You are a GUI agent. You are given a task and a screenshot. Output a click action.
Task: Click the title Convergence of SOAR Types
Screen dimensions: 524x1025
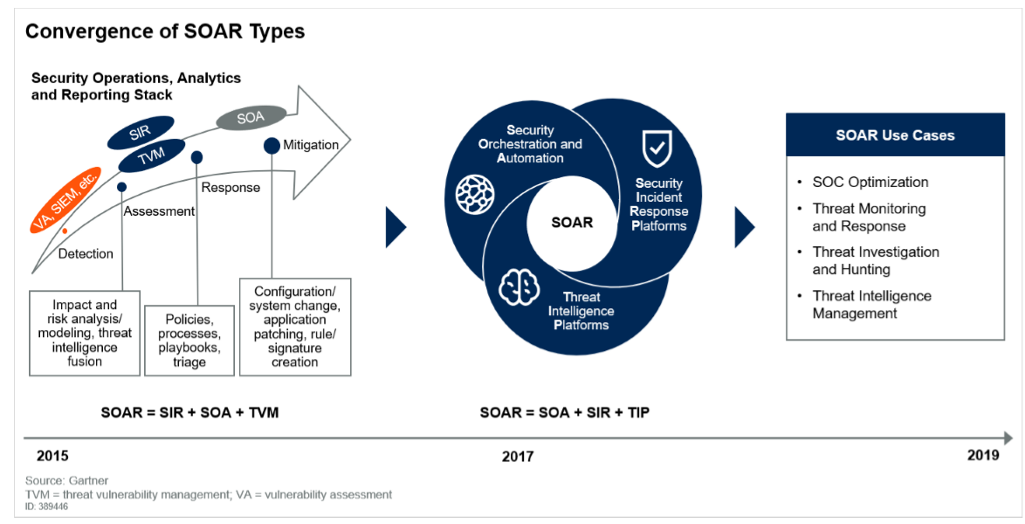[x=165, y=32]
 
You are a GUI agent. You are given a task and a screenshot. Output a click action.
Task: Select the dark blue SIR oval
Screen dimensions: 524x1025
[x=140, y=133]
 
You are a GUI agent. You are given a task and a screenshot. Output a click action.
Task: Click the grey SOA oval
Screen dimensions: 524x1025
[x=251, y=117]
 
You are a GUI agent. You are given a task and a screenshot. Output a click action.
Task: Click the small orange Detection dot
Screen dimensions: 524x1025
[x=65, y=231]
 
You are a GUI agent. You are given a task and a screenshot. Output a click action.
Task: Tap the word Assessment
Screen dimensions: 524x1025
[x=159, y=211]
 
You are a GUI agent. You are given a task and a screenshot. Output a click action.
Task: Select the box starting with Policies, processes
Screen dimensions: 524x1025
[x=189, y=341]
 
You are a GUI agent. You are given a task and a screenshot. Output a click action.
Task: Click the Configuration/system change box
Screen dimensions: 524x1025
[x=295, y=327]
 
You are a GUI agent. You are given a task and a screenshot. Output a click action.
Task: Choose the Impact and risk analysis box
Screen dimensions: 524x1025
[x=84, y=333]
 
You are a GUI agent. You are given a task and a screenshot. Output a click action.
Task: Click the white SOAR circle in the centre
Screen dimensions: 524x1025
[x=572, y=223]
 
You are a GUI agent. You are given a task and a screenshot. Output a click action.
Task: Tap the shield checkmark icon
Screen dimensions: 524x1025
[x=656, y=148]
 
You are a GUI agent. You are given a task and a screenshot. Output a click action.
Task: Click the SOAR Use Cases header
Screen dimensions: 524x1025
[x=895, y=135]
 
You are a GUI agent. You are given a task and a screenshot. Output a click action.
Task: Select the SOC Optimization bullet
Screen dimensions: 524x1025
[x=870, y=183]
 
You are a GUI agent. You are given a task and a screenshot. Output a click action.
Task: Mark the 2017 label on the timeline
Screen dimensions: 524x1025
[x=518, y=456]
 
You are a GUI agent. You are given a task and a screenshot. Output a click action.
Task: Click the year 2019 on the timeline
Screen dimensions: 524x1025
[x=983, y=455]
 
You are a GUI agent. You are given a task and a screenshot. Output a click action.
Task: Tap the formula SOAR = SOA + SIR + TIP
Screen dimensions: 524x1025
[x=565, y=412]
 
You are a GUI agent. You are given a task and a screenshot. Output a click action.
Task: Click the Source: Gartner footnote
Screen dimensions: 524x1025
[x=66, y=481]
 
